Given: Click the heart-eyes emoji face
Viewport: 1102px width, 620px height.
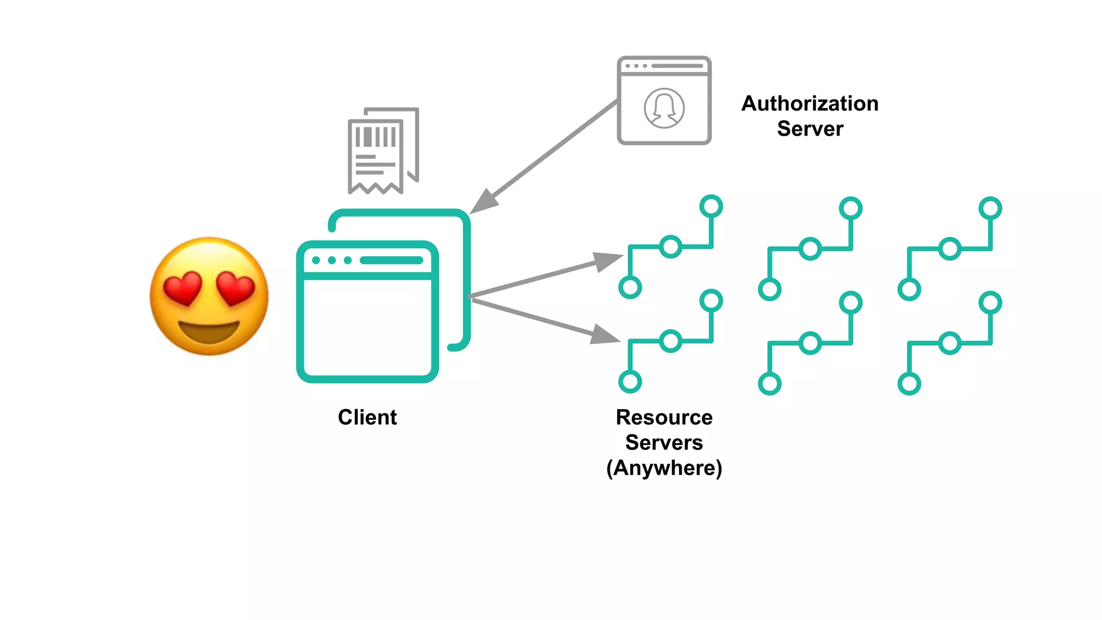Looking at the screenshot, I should tap(209, 296).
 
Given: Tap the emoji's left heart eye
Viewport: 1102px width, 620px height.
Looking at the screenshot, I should tap(182, 287).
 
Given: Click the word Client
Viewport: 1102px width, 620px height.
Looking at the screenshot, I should tap(367, 417).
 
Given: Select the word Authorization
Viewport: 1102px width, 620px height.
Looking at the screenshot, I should tap(809, 103).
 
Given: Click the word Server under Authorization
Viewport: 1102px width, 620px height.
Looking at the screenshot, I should tap(810, 129).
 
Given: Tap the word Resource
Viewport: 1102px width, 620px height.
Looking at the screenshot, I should tap(664, 417).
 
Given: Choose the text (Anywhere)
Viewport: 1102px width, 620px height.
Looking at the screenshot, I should tap(664, 468).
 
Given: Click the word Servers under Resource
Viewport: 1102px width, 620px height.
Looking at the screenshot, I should tap(664, 442).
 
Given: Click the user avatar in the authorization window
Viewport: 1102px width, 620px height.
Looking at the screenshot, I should tap(664, 108).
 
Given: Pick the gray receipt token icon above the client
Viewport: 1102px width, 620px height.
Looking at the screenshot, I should tap(383, 151).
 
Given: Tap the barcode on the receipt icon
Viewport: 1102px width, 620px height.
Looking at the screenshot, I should tap(376, 137).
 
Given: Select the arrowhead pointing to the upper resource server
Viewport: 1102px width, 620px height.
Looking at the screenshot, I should tap(608, 262).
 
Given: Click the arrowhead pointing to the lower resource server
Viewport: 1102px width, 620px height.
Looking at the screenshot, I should tap(605, 335).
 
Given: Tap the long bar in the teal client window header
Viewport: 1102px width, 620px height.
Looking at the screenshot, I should tap(391, 260).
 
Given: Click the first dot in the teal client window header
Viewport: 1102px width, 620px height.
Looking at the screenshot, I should tap(316, 260).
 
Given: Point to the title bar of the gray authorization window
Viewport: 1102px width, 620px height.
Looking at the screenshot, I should tap(664, 66).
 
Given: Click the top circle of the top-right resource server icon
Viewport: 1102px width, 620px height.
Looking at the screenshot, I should tap(990, 208).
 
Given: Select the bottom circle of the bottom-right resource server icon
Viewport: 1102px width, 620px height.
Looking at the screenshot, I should tap(909, 384).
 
